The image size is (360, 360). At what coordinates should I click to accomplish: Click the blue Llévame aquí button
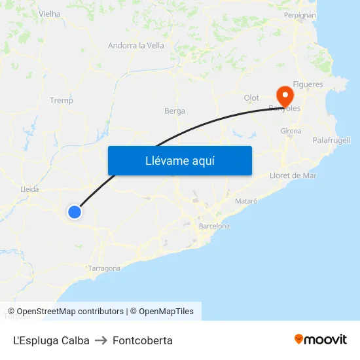click(x=179, y=160)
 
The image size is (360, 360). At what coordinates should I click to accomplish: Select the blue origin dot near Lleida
click(x=75, y=211)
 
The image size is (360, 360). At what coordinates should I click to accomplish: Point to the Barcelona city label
click(x=214, y=226)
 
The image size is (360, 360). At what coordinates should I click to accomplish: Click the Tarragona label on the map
click(x=104, y=268)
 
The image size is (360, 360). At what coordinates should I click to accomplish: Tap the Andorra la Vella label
click(x=136, y=46)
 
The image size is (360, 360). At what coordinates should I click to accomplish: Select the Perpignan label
click(x=300, y=14)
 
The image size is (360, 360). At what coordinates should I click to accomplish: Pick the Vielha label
click(x=50, y=14)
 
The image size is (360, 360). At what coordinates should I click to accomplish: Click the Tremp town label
click(x=62, y=100)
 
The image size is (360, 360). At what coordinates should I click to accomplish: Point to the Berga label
click(x=175, y=111)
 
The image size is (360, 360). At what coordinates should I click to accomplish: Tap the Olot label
click(x=251, y=98)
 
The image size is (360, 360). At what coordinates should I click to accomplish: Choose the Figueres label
click(x=308, y=84)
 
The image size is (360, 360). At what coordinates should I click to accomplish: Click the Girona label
click(x=291, y=131)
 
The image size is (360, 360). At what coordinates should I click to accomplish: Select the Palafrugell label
click(x=331, y=140)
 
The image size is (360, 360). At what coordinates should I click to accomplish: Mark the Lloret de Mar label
click(x=293, y=175)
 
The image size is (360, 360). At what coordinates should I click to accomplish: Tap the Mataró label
click(x=246, y=201)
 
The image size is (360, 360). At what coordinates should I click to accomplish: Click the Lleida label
click(x=29, y=189)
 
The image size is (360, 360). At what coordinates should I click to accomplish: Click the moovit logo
click(x=321, y=340)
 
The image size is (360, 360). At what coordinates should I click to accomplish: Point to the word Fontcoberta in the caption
click(x=143, y=340)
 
